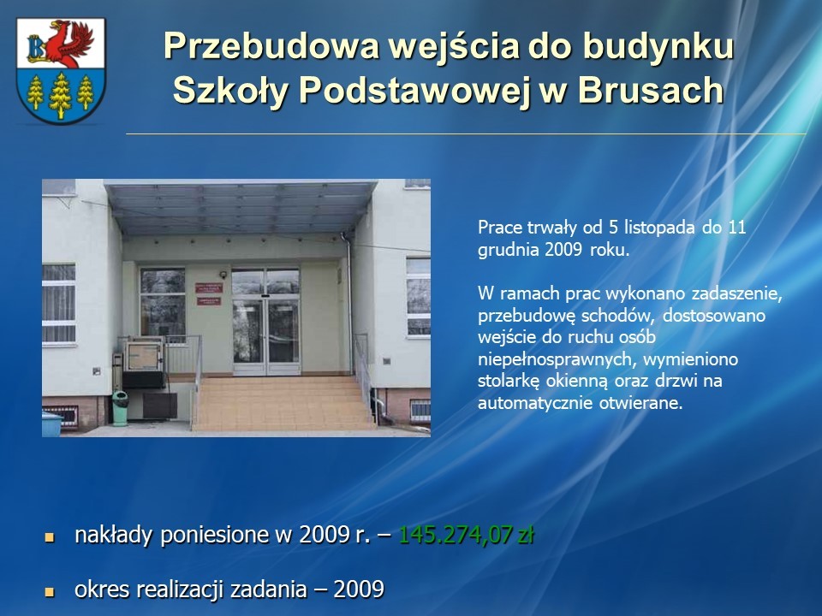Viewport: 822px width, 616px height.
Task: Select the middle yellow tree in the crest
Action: coord(60,95)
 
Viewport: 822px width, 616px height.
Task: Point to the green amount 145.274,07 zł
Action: coord(466,535)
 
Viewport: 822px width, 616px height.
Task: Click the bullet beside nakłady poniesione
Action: coord(50,537)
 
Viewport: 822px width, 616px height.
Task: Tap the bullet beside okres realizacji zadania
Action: coord(50,592)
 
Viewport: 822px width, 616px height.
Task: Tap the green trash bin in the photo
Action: coord(120,408)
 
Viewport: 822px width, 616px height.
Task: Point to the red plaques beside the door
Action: coord(209,293)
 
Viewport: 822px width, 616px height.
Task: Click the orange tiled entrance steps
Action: coord(282,403)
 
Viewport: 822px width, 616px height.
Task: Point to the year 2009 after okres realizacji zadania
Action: coord(359,589)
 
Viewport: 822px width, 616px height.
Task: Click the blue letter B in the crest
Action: coord(36,48)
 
